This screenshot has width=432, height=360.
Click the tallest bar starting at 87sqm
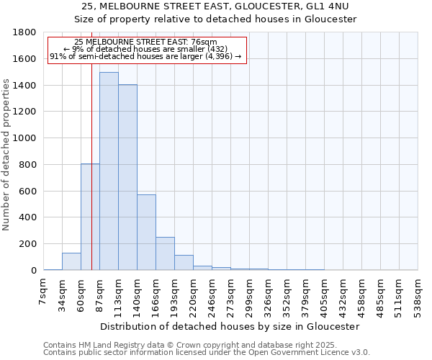coord(109,171)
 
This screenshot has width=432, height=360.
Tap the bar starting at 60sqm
coord(90,217)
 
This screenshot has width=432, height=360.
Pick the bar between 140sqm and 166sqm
coord(146,232)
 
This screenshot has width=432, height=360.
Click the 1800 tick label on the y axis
coord(25,33)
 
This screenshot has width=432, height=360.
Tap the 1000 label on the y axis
coord(25,138)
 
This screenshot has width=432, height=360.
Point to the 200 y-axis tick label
coord(28,244)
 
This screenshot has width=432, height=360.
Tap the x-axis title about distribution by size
coord(230,326)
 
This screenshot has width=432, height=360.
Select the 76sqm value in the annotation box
coord(195,42)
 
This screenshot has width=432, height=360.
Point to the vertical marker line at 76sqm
coord(91,144)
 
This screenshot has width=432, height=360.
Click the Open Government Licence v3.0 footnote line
coord(207,353)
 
